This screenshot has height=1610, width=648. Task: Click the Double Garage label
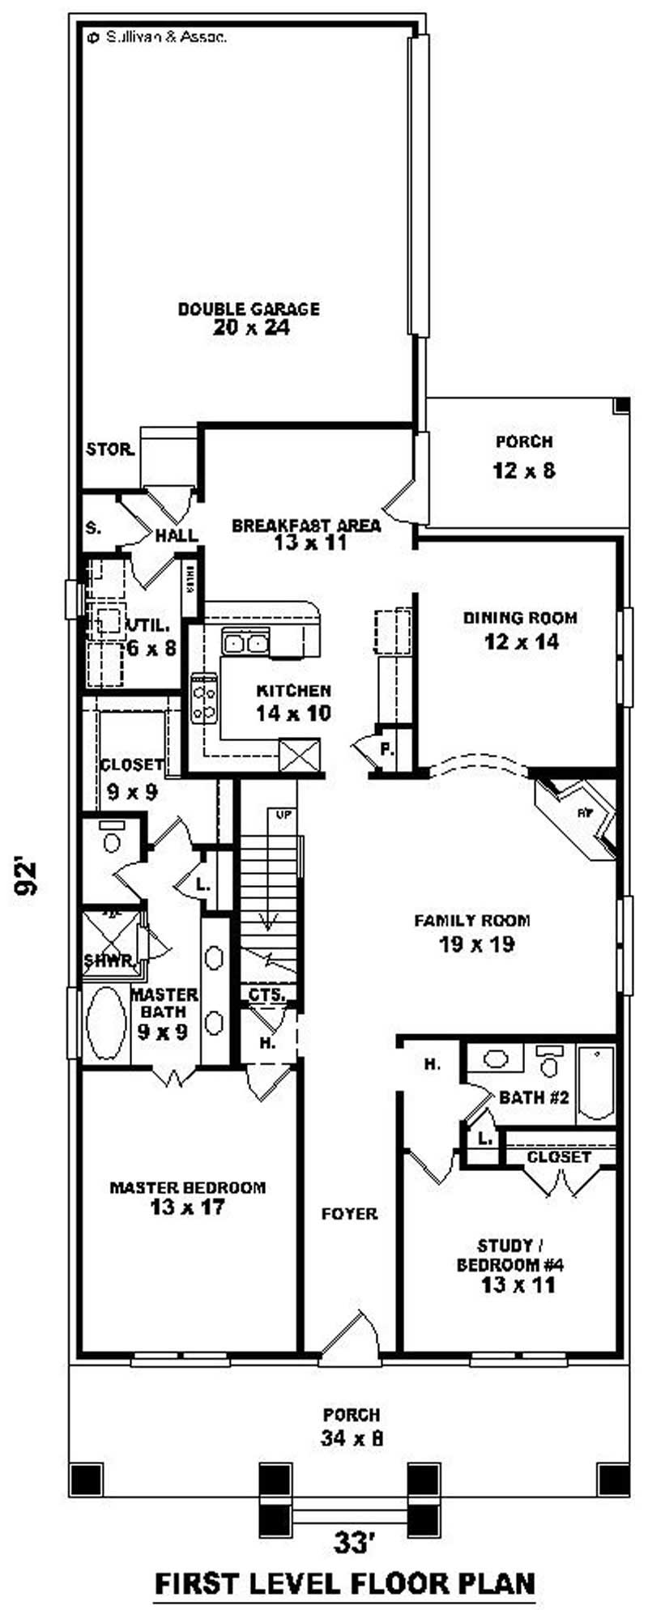coord(249,309)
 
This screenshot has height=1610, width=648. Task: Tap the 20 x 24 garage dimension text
coord(251,328)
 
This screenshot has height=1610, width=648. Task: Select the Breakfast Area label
coord(306,525)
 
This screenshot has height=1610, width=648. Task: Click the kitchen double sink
coord(245,643)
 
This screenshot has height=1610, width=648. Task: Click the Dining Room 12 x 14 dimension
coord(522,642)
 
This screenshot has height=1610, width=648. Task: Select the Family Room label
coord(472,920)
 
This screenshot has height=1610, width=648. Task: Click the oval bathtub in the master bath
coord(106,1023)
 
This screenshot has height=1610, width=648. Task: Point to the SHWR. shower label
coord(109,961)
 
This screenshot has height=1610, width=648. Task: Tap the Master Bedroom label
coord(187,1187)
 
